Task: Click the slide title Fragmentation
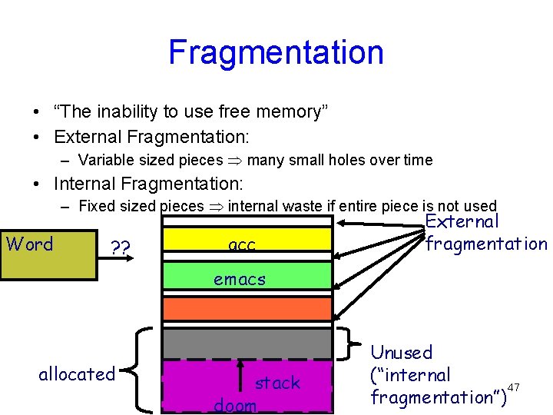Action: coord(276,52)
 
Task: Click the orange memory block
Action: coord(247,308)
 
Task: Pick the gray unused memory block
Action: coord(247,344)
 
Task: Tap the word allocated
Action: coord(76,374)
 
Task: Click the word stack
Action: coord(277,383)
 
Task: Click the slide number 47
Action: coord(514,386)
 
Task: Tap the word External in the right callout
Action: coord(462,221)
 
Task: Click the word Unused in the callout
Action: coord(401,353)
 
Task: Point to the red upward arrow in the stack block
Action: coord(240,380)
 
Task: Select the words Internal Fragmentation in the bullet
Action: coord(147,184)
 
